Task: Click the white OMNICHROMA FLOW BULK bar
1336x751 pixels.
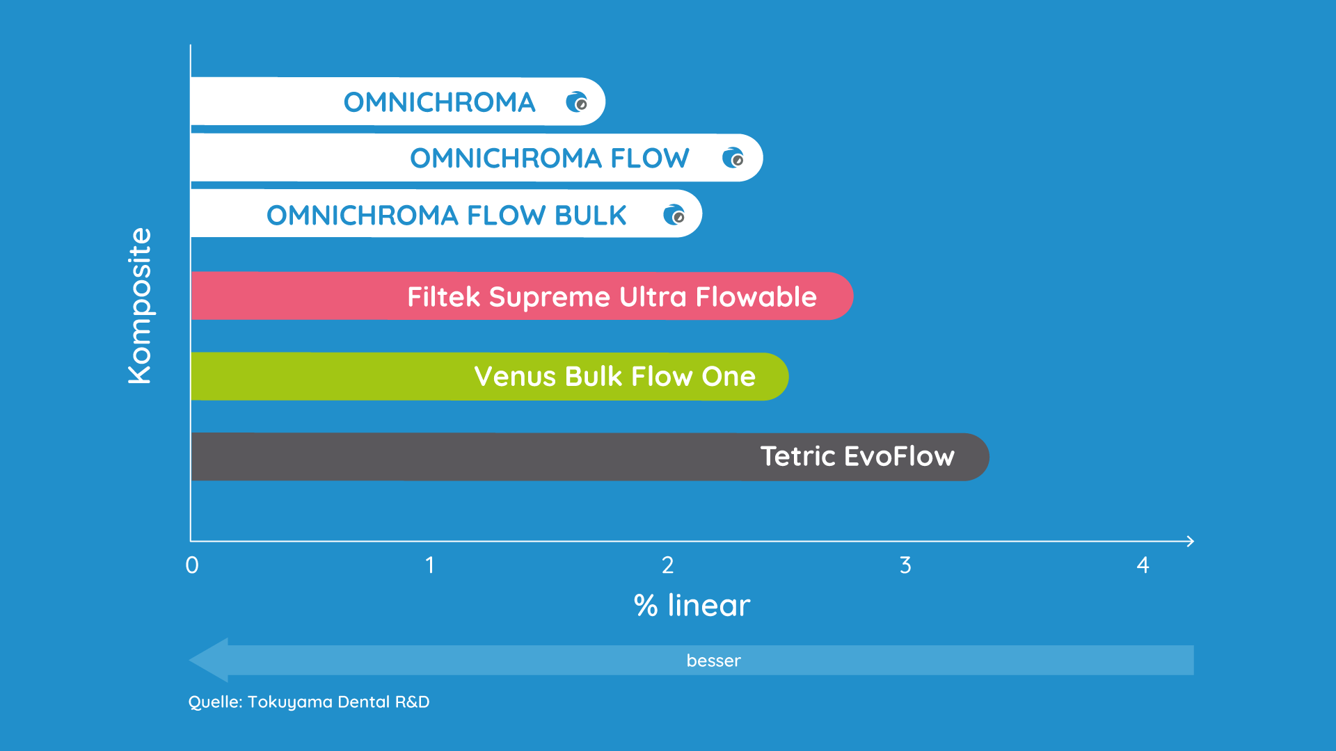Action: coord(446,213)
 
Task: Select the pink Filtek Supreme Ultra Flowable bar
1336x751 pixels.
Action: coord(522,296)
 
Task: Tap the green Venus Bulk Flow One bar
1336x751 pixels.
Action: coord(489,376)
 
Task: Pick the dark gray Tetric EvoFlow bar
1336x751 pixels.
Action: coord(589,457)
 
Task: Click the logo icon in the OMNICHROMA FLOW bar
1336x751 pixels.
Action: coord(733,158)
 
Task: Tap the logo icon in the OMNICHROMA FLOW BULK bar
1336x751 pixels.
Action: coord(674,215)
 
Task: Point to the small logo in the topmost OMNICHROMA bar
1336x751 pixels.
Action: coord(576,102)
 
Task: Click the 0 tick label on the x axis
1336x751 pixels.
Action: coord(192,565)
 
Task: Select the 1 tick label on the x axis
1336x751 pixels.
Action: coord(430,565)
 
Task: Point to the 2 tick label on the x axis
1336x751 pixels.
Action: coord(668,565)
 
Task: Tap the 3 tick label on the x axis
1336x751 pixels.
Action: coord(905,565)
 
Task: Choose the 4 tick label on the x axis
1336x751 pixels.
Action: coord(1143,565)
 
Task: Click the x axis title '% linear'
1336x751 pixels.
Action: coord(692,605)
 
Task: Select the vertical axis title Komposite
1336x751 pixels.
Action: coord(140,306)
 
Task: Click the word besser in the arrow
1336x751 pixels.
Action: coord(713,661)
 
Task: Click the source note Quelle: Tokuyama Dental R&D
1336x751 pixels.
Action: coord(309,702)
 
